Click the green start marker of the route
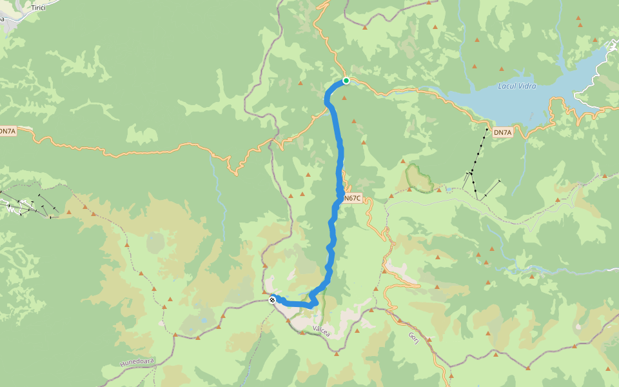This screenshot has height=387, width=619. click(346, 81)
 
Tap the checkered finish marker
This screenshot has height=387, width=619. click(273, 299)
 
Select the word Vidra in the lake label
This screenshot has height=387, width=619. click(527, 86)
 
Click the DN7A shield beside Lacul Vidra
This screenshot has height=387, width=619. click(502, 133)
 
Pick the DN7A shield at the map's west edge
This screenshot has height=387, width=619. click(7, 132)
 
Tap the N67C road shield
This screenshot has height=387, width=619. click(352, 198)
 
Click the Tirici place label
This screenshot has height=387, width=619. click(39, 7)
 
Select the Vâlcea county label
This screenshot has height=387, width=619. click(320, 331)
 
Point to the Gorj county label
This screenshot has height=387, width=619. click(413, 339)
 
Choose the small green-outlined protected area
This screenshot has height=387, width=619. click(420, 178)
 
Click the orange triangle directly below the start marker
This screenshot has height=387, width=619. click(345, 98)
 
